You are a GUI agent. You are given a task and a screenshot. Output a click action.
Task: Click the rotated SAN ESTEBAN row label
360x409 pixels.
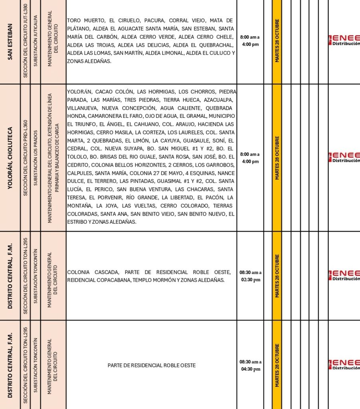click(x=10, y=42)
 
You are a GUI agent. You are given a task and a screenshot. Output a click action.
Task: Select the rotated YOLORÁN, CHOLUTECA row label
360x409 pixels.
click(x=10, y=158)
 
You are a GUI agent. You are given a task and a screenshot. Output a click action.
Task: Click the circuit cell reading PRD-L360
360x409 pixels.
click(x=26, y=158)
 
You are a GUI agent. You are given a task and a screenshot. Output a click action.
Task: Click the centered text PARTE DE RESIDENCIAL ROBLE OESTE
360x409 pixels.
click(x=151, y=365)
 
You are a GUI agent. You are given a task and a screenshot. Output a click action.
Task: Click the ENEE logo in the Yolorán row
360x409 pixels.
click(x=344, y=157)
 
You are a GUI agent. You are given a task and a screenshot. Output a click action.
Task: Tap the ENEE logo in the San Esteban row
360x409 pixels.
click(x=344, y=40)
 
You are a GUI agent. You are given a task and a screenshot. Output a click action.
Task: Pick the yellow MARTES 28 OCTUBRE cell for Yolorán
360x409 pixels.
click(x=276, y=158)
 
